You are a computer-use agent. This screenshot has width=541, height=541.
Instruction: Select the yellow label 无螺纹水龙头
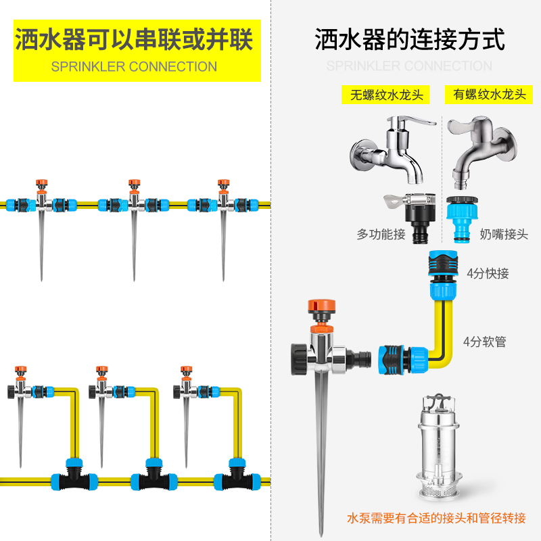tap(386, 95)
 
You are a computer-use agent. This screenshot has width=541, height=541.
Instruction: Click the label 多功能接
tap(381, 235)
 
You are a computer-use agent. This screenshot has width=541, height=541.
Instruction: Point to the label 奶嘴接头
tap(504, 235)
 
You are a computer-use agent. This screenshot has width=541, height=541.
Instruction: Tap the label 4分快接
tap(488, 274)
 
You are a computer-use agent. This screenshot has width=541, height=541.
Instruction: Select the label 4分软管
tap(485, 342)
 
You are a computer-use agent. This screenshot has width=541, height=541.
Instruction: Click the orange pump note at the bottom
tap(436, 519)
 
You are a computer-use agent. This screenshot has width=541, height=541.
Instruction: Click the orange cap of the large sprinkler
tap(323, 308)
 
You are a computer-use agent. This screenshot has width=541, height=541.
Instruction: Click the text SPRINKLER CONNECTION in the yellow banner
tap(134, 67)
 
